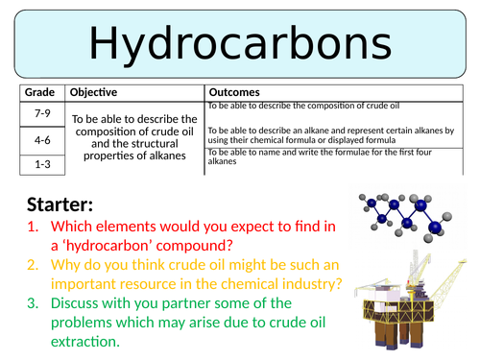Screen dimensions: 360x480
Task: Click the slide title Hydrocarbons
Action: pos(240,42)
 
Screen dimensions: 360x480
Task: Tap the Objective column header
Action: pos(94,93)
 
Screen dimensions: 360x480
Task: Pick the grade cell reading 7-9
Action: pos(41,114)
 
